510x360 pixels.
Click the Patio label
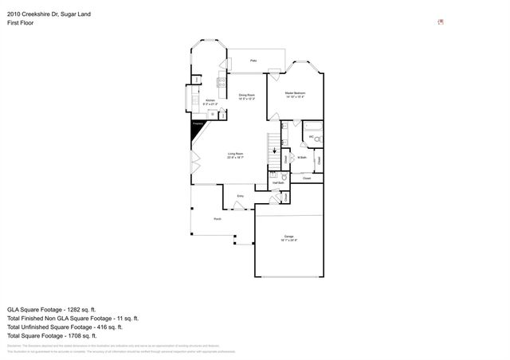[253, 61]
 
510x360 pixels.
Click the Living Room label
[235, 155]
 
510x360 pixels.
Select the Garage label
[289, 238]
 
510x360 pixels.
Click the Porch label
[217, 219]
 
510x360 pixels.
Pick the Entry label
[240, 196]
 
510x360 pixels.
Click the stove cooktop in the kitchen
[222, 82]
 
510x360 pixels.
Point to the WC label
[312, 138]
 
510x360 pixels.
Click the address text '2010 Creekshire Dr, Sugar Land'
[45, 6]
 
